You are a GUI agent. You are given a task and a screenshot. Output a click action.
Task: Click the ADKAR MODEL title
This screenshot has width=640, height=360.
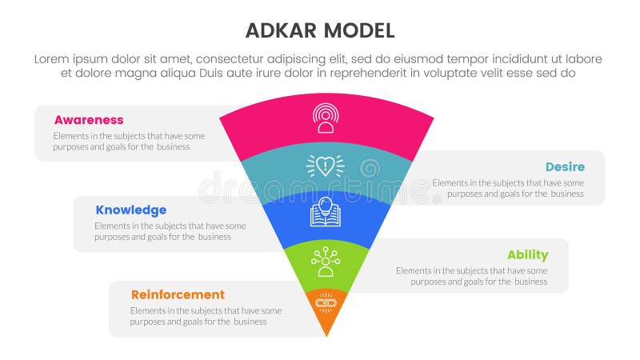click(x=319, y=31)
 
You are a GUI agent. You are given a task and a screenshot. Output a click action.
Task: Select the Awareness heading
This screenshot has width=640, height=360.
click(x=89, y=120)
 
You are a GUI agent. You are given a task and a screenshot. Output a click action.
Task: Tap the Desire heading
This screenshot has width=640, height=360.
click(x=565, y=167)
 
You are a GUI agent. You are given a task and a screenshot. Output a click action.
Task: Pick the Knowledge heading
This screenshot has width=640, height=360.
click(x=130, y=210)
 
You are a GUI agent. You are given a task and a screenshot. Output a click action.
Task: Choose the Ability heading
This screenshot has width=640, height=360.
click(x=527, y=255)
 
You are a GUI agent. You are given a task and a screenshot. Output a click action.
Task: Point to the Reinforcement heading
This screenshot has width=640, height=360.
click(x=178, y=294)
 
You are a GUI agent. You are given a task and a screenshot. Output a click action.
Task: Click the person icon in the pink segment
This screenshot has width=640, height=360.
click(x=325, y=118)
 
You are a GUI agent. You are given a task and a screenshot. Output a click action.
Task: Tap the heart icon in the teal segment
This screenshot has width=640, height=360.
click(x=325, y=166)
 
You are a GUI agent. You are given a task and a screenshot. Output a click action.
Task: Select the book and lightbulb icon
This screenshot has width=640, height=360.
click(x=326, y=211)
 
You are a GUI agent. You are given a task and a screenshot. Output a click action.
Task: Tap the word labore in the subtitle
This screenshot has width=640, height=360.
click(x=582, y=59)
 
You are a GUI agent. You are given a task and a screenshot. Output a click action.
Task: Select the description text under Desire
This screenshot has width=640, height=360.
click(x=508, y=188)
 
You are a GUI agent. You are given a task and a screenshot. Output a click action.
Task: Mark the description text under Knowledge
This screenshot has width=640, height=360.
click(x=170, y=231)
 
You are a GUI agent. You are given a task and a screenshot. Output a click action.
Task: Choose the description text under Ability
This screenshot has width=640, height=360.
click(x=471, y=276)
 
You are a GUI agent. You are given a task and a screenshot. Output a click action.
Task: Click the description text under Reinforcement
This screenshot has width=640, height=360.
click(x=206, y=316)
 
